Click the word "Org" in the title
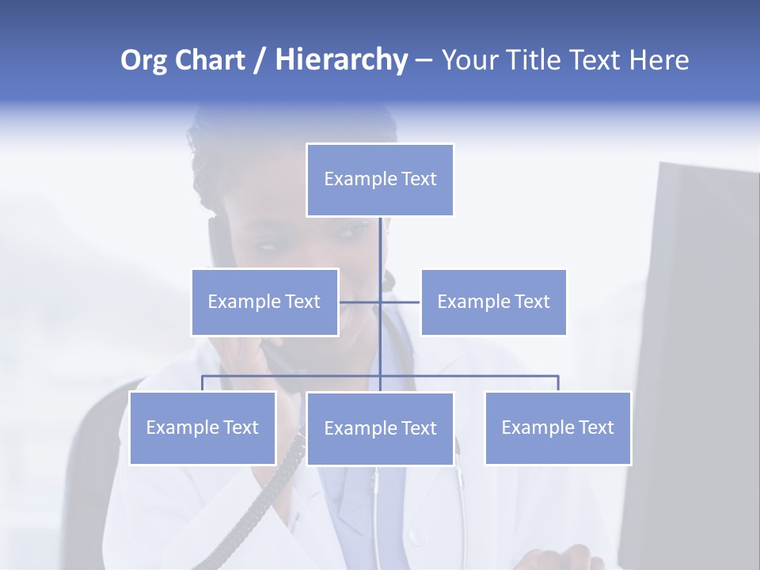click(144, 60)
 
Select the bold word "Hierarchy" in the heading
click(340, 60)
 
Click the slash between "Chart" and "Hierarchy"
click(259, 60)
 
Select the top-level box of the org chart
click(380, 180)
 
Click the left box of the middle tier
click(264, 302)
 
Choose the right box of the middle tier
click(493, 302)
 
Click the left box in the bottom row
click(203, 428)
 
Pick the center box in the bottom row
click(380, 429)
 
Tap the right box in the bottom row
click(557, 428)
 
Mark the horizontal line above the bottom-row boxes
click(475, 376)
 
